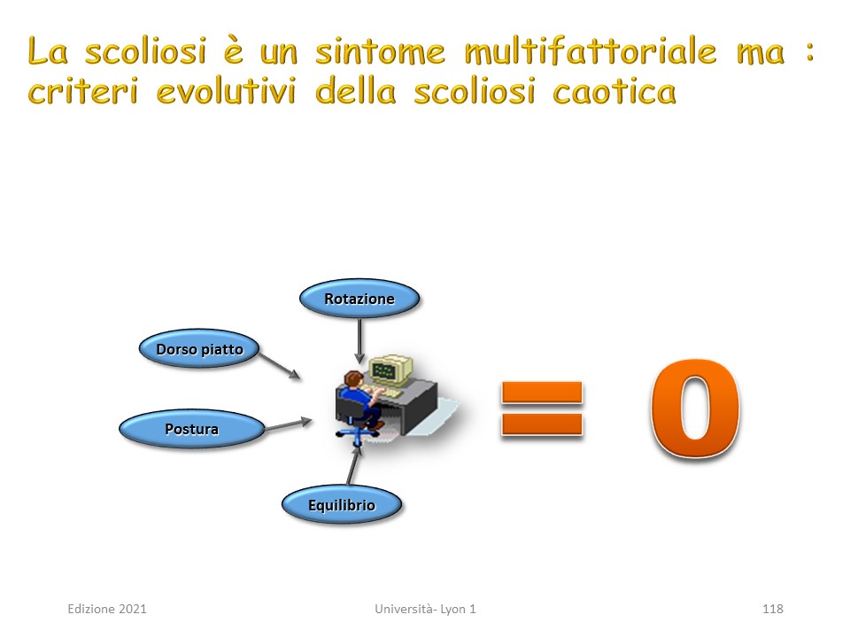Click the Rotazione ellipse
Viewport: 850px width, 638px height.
[x=359, y=299]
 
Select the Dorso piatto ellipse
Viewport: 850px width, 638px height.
[x=199, y=349]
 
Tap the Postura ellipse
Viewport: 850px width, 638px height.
[x=192, y=429]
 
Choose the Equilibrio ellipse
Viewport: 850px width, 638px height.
[x=342, y=504]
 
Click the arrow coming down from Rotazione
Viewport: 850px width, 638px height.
[x=359, y=340]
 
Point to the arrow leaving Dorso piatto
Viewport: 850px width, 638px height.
[x=280, y=366]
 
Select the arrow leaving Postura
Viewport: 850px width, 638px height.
[x=288, y=424]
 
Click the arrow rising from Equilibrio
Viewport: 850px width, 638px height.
[x=353, y=464]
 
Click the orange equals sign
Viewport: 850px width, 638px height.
[x=542, y=408]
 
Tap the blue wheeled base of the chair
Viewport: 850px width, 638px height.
[x=357, y=434]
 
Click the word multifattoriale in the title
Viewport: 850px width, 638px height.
[x=591, y=51]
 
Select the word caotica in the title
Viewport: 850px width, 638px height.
[x=614, y=91]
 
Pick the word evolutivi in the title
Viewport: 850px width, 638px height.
[x=227, y=91]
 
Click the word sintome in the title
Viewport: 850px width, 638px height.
[x=381, y=51]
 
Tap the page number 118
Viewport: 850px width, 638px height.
[x=772, y=609]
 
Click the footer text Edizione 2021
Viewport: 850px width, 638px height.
[x=107, y=609]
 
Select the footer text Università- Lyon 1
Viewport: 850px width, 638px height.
[x=425, y=609]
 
